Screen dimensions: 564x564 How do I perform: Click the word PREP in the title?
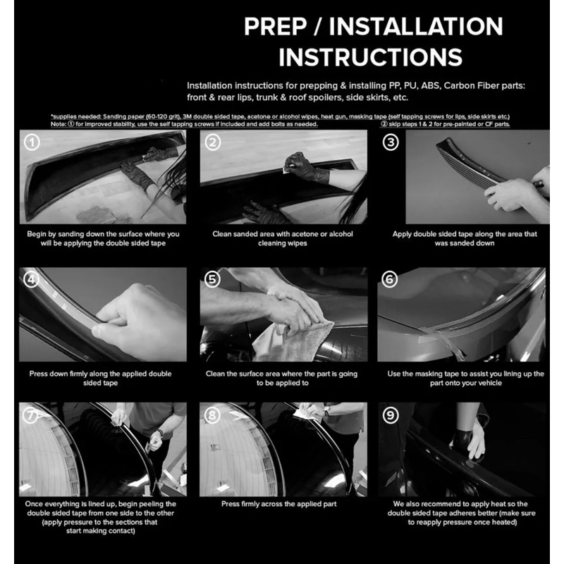275,26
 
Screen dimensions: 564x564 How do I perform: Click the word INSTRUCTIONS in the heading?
371,57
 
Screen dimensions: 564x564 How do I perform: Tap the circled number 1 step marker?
32,142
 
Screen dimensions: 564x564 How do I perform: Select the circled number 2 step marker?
213,142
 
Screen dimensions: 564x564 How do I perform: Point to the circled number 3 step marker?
391,142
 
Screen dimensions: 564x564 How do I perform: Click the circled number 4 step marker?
31,279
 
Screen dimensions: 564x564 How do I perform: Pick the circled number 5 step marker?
212,279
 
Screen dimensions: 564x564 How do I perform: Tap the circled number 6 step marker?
390,279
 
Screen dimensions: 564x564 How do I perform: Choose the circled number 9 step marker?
391,416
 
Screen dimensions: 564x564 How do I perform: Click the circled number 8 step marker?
212,416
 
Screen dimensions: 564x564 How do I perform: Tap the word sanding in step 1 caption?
72,234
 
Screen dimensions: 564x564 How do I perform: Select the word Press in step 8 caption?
231,504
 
